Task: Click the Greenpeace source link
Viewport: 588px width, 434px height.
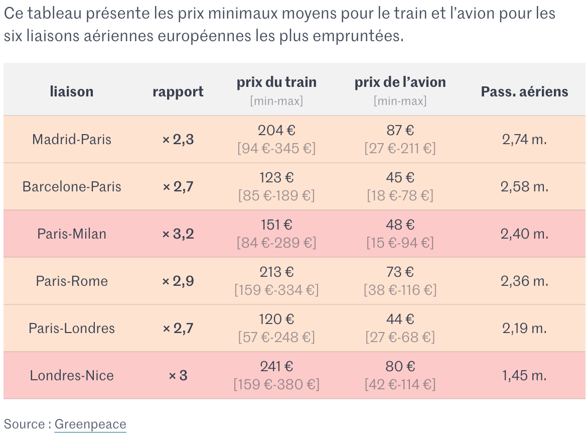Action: (x=90, y=424)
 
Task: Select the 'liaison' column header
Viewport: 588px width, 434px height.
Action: (x=72, y=91)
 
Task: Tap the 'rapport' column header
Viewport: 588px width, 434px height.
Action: (x=178, y=91)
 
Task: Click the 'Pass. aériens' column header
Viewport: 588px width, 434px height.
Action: (x=524, y=91)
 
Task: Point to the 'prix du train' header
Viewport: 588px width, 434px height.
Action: (x=276, y=82)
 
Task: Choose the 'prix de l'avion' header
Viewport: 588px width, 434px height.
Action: (x=400, y=82)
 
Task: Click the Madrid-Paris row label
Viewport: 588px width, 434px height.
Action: (x=72, y=139)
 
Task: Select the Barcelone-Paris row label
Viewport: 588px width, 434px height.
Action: (x=72, y=186)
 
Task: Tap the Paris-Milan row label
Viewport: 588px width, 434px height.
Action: (x=72, y=234)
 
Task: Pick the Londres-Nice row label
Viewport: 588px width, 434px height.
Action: (x=72, y=375)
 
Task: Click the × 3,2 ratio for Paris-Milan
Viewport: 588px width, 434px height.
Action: (x=178, y=234)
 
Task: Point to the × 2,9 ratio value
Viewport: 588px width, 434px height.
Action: (x=178, y=281)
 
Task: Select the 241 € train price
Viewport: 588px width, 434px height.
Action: (x=276, y=366)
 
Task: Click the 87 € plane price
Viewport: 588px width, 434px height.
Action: (x=400, y=130)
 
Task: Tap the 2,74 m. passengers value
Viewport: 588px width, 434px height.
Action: (x=524, y=139)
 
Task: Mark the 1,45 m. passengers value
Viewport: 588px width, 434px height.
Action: (x=524, y=375)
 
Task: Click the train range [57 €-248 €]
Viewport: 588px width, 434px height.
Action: (x=276, y=337)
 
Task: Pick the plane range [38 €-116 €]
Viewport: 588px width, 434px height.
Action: (x=400, y=290)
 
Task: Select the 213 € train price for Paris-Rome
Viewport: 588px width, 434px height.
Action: (x=276, y=272)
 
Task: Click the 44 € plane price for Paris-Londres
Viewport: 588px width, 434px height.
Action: (x=400, y=319)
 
